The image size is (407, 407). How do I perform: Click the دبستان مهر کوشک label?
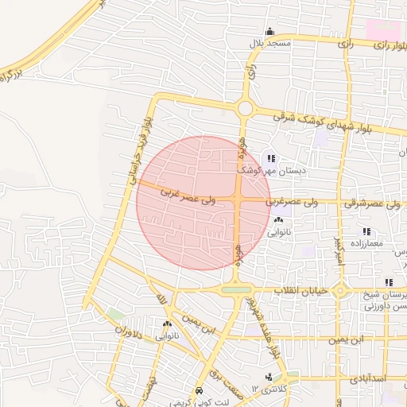point(270,170)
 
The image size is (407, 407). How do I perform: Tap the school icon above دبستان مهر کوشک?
point(271,158)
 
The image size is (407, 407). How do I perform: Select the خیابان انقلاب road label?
point(300,291)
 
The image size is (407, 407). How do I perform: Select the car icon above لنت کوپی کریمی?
point(198,392)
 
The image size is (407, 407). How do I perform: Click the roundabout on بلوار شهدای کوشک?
point(245,108)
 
